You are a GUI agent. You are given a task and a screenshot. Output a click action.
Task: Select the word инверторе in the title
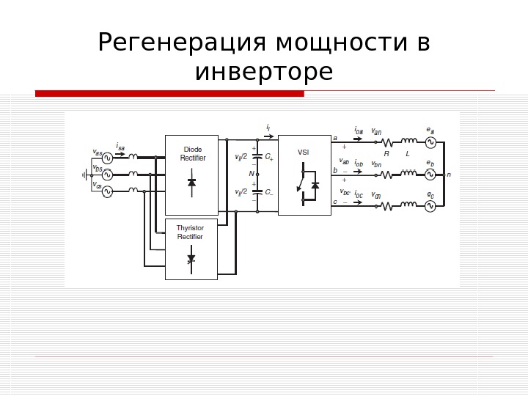(264, 73)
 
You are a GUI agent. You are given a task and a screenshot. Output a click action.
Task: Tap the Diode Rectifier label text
(193, 153)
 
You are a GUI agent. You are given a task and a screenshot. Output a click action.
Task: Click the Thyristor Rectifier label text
(190, 232)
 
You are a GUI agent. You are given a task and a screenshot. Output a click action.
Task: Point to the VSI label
(304, 152)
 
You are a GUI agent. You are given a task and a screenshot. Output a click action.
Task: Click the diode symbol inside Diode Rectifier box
(192, 181)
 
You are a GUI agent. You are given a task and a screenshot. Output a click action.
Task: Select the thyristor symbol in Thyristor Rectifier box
(191, 259)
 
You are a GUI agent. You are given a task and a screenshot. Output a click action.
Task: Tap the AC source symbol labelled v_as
(107, 158)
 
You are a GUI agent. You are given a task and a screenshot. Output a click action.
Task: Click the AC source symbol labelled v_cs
(107, 191)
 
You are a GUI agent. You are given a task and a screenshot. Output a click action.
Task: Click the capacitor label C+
(268, 156)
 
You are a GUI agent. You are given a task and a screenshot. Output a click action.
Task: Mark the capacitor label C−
(268, 192)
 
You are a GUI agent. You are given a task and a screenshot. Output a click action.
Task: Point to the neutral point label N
(252, 174)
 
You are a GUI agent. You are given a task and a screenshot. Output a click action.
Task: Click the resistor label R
(386, 154)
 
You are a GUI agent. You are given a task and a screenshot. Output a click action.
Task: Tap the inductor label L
(408, 154)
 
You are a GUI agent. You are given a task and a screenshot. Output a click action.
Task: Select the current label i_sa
(121, 147)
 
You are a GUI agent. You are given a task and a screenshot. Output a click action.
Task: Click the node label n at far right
(448, 175)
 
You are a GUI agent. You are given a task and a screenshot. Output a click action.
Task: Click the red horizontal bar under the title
(169, 93)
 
